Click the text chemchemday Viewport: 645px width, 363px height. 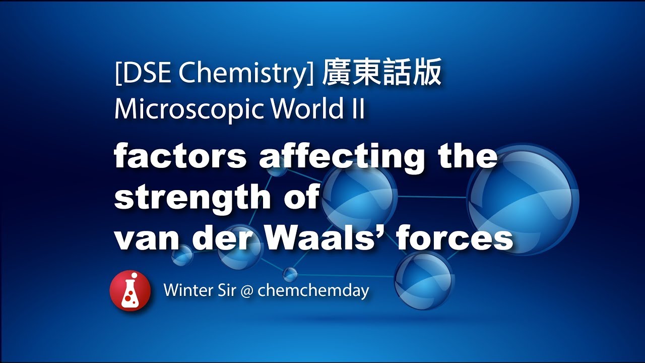313,291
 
